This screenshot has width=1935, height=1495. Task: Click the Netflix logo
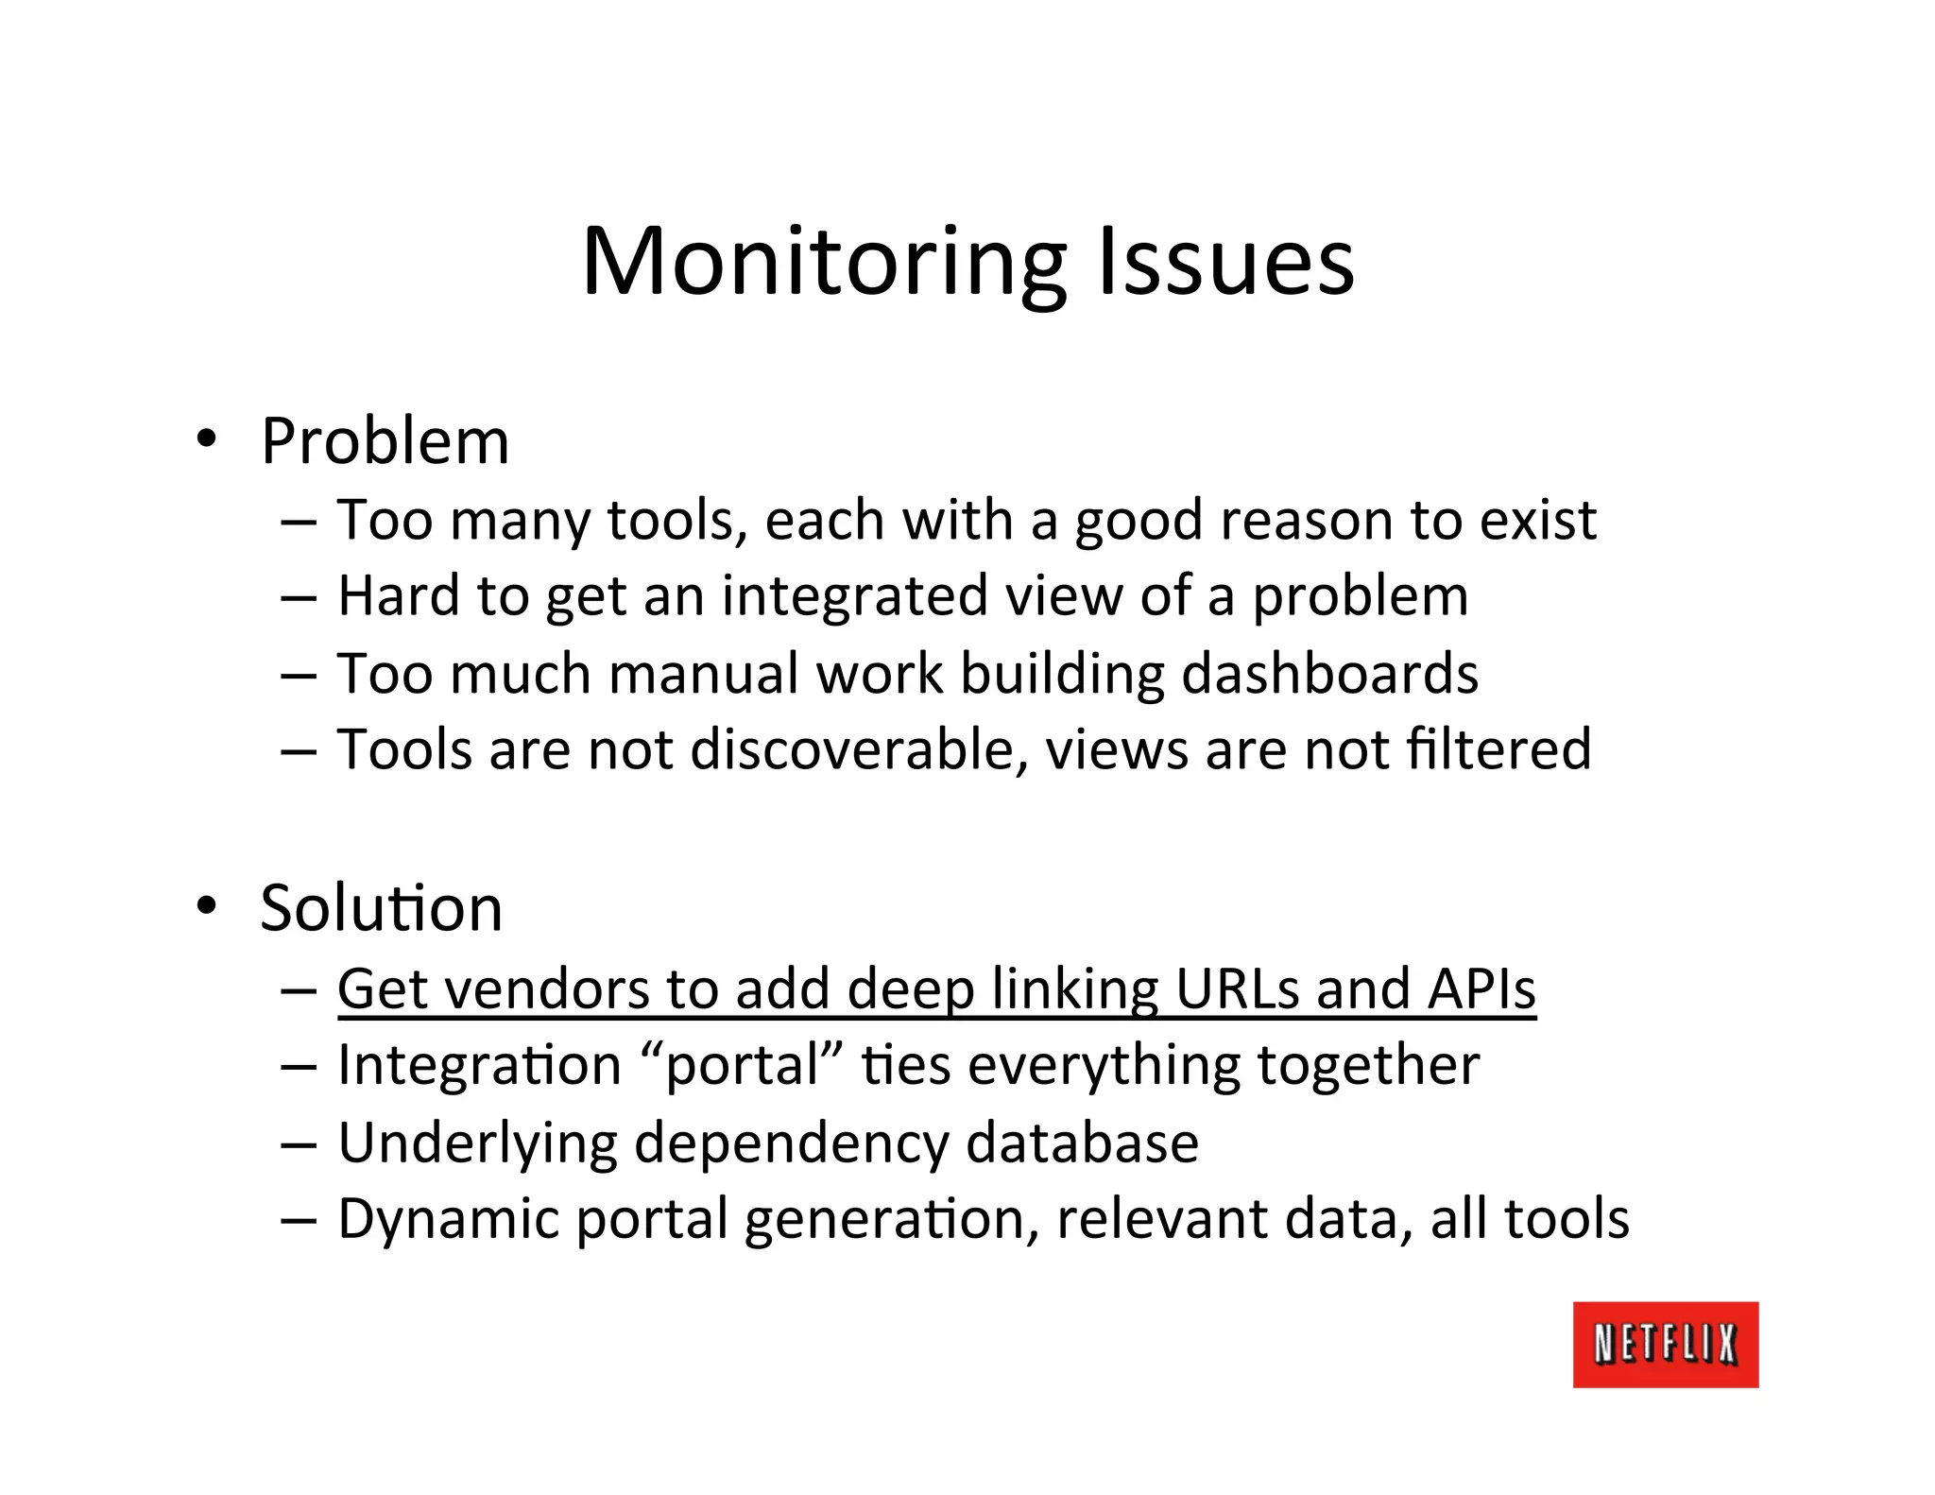[x=1665, y=1344]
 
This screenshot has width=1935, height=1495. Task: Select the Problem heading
[x=385, y=442]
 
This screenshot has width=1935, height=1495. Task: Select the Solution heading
[x=381, y=908]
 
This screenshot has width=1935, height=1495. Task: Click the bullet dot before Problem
[x=205, y=438]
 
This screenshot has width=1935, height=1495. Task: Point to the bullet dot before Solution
[x=205, y=905]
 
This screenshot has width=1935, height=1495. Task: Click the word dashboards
[x=1329, y=674]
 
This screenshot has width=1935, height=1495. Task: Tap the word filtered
[x=1498, y=750]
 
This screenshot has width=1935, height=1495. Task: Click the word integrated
[x=854, y=597]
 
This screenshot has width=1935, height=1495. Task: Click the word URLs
[x=1237, y=989]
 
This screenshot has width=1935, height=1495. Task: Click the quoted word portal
[x=742, y=1067]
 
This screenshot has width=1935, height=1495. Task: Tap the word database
[x=1082, y=1143]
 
